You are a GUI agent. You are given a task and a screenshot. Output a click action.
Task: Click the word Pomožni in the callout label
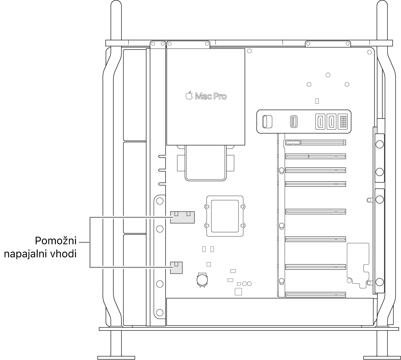(x=56, y=241)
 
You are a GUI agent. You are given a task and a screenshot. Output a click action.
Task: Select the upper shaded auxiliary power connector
(x=183, y=217)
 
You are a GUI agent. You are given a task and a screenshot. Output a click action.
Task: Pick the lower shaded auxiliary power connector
(x=176, y=268)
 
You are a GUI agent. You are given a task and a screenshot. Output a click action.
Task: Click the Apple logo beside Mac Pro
(x=189, y=95)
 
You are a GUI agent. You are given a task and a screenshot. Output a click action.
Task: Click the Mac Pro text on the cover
(x=211, y=96)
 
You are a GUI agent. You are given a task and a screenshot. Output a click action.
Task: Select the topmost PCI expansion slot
(x=315, y=142)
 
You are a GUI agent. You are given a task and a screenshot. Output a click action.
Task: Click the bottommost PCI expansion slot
(x=315, y=295)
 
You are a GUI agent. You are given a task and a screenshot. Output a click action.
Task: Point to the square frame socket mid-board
(x=225, y=216)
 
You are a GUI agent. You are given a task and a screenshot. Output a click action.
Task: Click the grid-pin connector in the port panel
(x=343, y=122)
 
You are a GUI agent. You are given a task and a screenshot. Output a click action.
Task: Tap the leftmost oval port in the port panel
(x=267, y=122)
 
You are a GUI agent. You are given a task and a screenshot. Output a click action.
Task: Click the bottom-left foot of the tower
(x=116, y=358)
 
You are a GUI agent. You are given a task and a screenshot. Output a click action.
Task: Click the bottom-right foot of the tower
(x=382, y=358)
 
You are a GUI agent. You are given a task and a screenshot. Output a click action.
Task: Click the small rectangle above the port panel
(x=317, y=101)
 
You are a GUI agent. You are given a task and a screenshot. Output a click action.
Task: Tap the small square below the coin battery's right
(x=238, y=292)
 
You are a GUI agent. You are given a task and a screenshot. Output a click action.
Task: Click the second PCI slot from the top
(x=315, y=156)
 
